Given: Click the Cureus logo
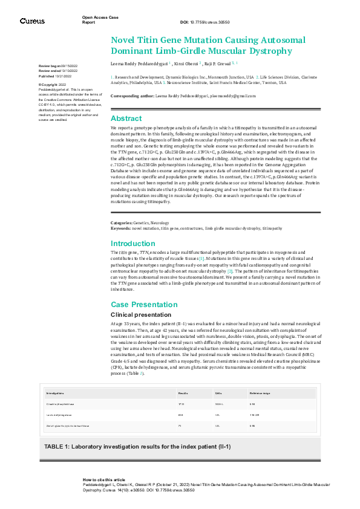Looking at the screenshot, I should [x=32, y=21].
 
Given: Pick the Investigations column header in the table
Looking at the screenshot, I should [x=56, y=393].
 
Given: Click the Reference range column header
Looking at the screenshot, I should [x=260, y=393].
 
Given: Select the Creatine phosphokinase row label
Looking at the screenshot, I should [x=60, y=403].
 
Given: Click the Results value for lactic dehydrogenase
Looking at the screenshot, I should [x=180, y=415].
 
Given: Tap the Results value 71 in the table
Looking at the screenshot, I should [x=180, y=426].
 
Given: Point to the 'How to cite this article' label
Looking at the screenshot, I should [x=104, y=479].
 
